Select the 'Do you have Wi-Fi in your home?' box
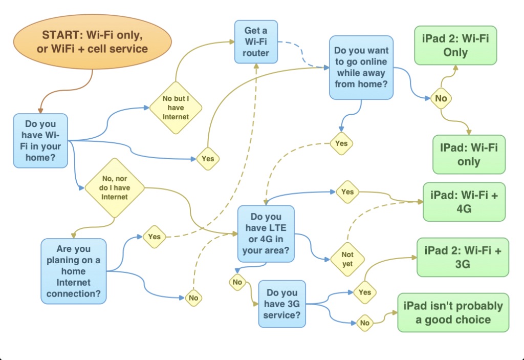point(40,141)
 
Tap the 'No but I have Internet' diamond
point(176,108)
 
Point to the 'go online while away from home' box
point(361,67)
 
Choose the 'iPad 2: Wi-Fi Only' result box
point(455,46)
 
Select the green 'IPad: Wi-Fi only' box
point(469,155)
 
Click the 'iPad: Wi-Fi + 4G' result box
point(464,202)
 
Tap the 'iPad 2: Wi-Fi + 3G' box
point(463,257)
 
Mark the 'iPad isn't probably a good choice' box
point(453,312)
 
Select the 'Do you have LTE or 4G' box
point(266,234)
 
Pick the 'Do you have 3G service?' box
point(282,304)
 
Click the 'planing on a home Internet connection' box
point(74,271)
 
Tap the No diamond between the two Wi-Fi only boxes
point(441,98)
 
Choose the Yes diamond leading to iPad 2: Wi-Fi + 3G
point(365,292)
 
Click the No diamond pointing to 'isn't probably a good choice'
point(364,323)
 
